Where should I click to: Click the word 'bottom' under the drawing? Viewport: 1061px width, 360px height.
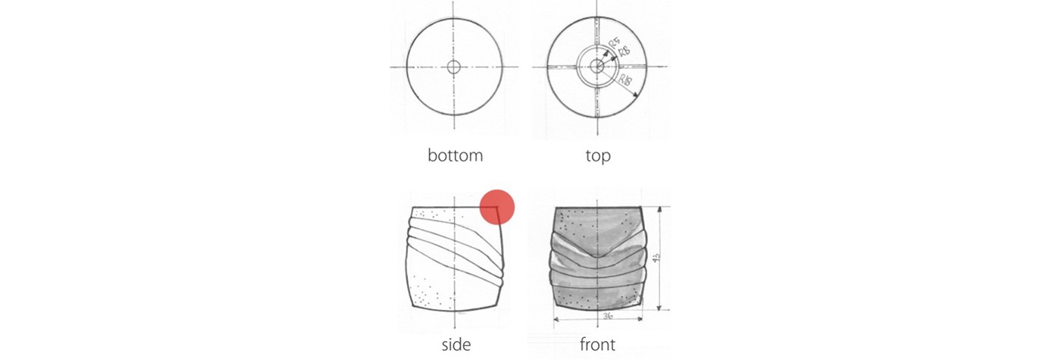click(455, 156)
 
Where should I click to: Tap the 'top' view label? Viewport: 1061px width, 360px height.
click(597, 156)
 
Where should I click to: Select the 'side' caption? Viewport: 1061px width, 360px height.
click(455, 345)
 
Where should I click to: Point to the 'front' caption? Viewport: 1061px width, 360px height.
click(597, 345)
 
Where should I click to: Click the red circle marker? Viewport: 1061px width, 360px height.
click(498, 207)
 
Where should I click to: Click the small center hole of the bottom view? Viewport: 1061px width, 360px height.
click(454, 67)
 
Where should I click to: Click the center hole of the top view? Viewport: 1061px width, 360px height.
click(597, 67)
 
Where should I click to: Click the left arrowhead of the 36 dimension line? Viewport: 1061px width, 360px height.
click(557, 319)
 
